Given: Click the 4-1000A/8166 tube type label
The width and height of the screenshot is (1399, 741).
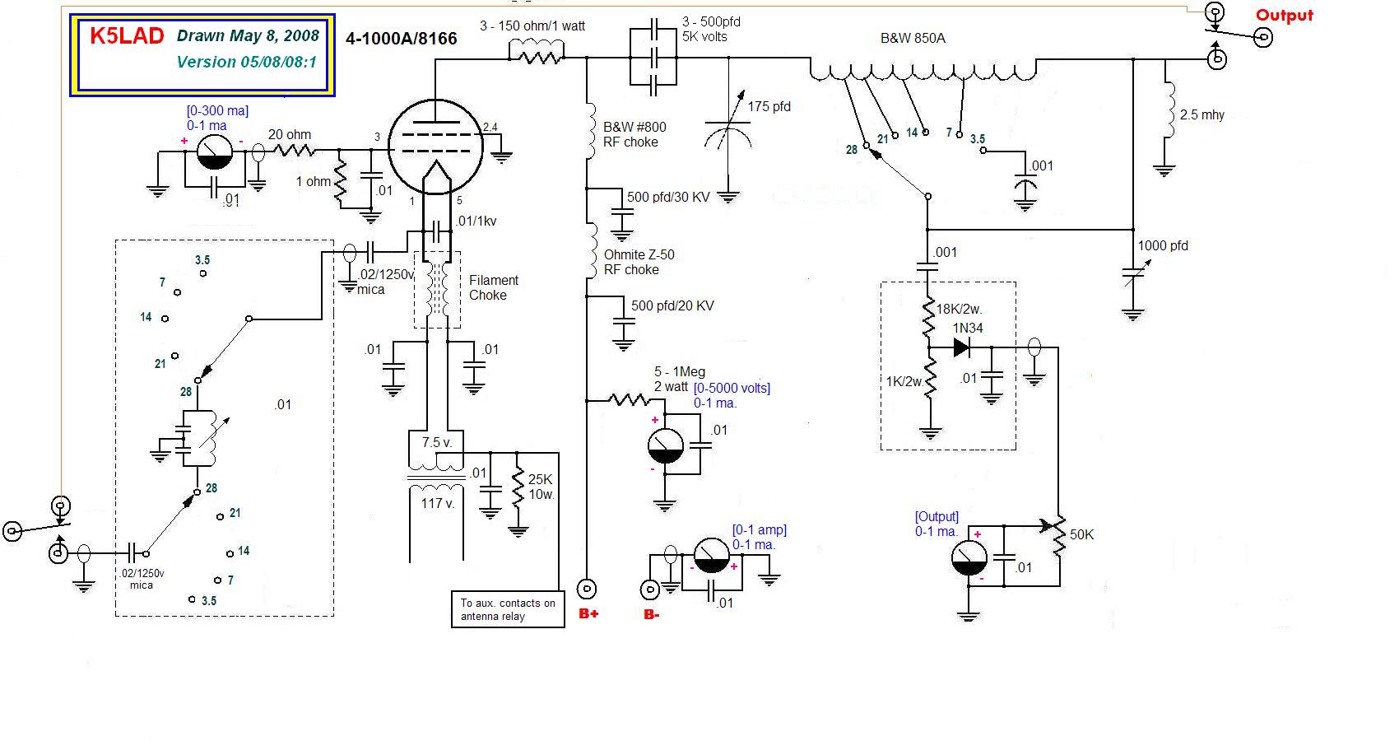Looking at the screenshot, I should [x=401, y=38].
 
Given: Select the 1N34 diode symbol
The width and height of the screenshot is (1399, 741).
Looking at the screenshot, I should [x=961, y=348].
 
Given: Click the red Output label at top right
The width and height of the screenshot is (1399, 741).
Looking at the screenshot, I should [x=1284, y=15].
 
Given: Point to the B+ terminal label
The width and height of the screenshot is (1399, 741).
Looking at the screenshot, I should [x=588, y=613].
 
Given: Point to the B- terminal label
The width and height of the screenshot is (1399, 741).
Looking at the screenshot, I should [x=651, y=613].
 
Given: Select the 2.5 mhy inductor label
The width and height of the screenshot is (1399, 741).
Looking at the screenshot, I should [x=1201, y=115].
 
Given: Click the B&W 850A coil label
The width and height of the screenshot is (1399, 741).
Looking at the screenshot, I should [x=913, y=38].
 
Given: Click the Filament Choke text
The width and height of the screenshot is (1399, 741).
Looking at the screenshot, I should [x=494, y=287].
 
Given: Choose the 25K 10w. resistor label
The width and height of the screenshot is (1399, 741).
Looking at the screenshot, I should [x=541, y=487].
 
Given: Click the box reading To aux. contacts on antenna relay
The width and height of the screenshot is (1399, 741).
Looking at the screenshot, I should [x=508, y=609].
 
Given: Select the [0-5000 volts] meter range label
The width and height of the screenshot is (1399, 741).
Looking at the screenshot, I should [x=732, y=388].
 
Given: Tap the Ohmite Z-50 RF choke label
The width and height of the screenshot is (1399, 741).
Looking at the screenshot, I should [x=639, y=262].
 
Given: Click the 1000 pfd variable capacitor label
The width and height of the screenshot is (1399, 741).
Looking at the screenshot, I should [x=1162, y=245].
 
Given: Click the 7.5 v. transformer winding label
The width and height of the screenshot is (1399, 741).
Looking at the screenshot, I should [x=436, y=442].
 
